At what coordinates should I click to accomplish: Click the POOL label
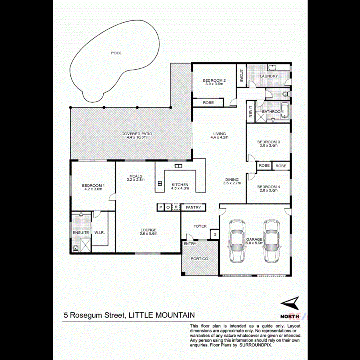pos(116,53)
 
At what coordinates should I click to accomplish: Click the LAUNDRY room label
pos(269,76)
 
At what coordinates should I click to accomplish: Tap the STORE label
pos(241,76)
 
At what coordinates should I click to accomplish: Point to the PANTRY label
pos(193,207)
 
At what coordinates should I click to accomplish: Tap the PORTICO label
pos(199,259)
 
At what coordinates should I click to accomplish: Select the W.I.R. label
pos(100,232)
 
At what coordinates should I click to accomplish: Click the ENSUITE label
pos(81,232)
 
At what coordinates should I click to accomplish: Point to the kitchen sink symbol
pos(178,166)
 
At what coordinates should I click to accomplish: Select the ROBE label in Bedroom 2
pos(208,103)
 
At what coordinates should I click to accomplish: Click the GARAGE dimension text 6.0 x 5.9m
pos(254,243)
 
